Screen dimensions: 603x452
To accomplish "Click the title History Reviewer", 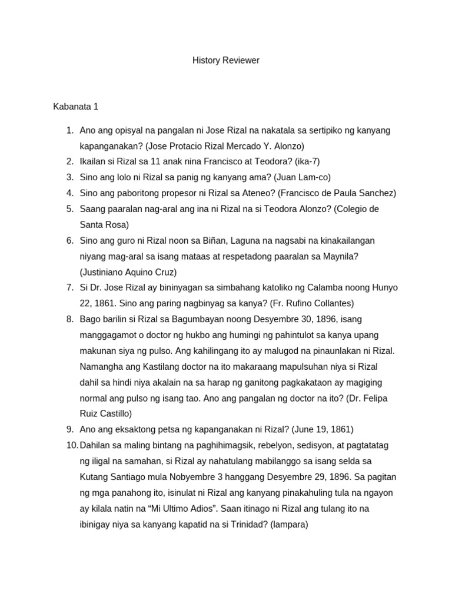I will coord(226,60).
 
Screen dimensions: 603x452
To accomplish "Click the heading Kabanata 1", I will coord(76,107).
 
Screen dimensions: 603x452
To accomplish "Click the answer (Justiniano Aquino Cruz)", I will coord(128,272).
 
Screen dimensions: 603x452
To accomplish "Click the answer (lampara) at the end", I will coord(289,524).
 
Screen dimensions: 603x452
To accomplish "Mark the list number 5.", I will coord(69,208).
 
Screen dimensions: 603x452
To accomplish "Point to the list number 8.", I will coord(69,319).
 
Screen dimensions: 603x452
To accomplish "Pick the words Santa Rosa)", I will coord(104,224).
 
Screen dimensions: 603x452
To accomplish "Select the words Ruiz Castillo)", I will coord(107,413).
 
